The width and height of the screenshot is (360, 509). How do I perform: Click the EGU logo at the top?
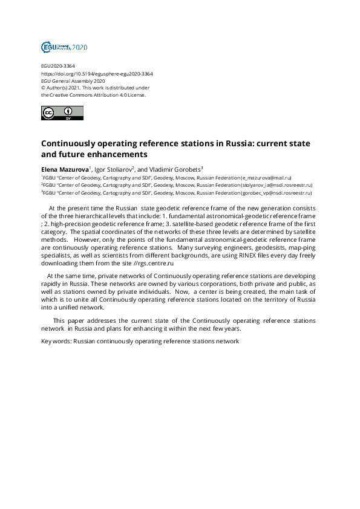coord(64,47)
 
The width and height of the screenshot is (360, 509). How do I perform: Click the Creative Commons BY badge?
coord(62,113)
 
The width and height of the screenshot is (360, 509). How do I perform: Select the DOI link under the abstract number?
coord(97,74)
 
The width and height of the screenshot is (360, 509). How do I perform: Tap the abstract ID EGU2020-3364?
coord(58,66)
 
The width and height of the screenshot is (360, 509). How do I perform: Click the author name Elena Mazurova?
coord(65,169)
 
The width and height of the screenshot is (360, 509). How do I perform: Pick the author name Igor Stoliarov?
coord(113,169)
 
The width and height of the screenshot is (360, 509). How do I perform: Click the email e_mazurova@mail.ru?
coord(267,178)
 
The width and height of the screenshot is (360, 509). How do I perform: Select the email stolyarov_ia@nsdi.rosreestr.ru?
coord(277,185)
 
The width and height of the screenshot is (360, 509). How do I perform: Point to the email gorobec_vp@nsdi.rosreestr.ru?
coord(276,193)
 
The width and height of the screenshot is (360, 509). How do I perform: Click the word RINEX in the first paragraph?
coord(231,254)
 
